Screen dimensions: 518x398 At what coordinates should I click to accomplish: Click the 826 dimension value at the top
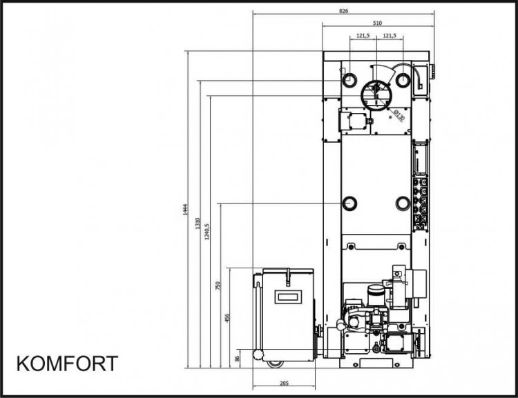[343, 11]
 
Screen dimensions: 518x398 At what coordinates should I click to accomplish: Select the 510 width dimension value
[377, 23]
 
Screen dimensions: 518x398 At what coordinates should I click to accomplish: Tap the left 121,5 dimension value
[363, 36]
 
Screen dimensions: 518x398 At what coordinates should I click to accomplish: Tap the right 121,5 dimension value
[390, 36]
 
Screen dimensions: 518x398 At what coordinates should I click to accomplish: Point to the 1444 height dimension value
[185, 210]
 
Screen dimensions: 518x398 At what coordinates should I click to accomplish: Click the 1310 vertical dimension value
[198, 223]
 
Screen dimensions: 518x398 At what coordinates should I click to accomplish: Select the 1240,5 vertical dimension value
[207, 231]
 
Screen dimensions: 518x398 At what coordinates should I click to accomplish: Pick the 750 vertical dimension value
[218, 286]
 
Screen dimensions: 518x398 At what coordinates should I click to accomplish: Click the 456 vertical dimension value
[227, 318]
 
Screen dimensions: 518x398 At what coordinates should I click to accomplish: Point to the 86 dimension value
[236, 358]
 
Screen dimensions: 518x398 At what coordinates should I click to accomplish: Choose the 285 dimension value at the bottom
[284, 384]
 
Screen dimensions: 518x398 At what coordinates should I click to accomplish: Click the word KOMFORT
[67, 364]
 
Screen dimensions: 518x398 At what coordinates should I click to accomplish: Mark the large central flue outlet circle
[362, 96]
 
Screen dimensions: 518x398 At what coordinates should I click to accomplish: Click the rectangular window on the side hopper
[288, 297]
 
